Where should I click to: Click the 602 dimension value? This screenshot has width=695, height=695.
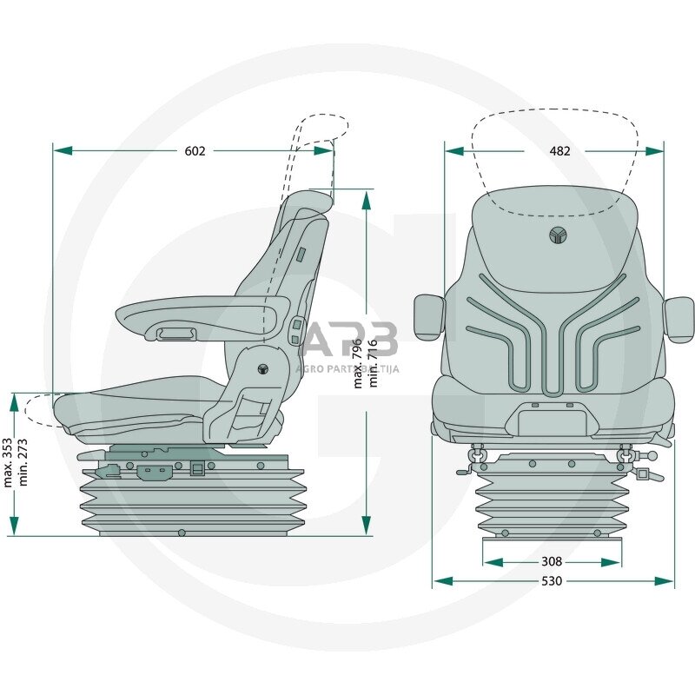pos(195,150)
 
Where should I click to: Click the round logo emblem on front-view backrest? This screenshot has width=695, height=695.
pos(556,235)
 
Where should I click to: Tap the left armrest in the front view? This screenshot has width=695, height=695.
pos(428,316)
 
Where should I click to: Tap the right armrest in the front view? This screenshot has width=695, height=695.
pos(678,318)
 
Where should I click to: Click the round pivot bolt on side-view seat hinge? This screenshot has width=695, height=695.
pos(262,367)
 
